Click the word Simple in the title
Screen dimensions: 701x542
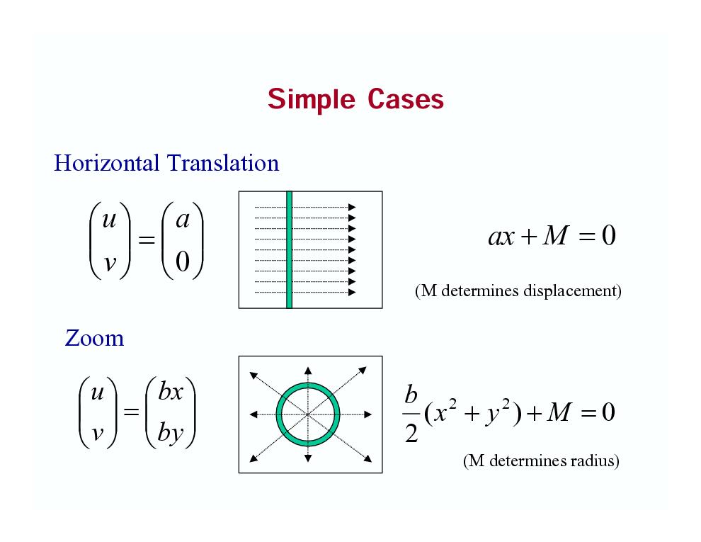coord(311,99)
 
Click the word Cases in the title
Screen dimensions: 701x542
coord(406,99)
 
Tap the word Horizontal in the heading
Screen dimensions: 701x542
coord(106,163)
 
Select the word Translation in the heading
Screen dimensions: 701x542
coord(223,163)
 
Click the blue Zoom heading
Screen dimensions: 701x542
coord(95,338)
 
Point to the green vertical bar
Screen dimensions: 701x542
coord(290,249)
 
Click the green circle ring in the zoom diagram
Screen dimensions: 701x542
coord(308,384)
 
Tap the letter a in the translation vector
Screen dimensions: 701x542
coord(183,220)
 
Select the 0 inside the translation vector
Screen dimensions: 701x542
coord(183,261)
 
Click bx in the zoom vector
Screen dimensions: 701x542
coord(171,392)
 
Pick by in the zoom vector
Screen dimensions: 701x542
coord(171,432)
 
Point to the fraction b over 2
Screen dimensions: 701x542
coord(411,414)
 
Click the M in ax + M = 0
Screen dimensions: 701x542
coord(556,235)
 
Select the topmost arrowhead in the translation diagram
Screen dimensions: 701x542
coord(353,207)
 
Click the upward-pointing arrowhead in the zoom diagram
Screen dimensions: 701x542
coord(308,371)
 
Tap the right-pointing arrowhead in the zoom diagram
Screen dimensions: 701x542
coord(368,414)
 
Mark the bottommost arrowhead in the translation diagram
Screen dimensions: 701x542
coord(353,293)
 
